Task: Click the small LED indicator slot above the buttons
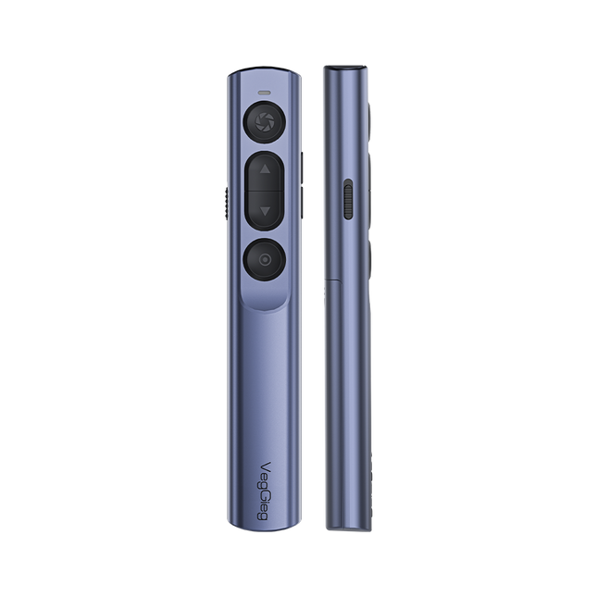coord(265,93)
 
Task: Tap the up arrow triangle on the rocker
coord(266,170)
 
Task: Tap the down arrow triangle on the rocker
coord(266,212)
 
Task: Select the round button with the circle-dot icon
coord(265,260)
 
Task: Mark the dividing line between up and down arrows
coord(266,191)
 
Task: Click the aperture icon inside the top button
coord(265,121)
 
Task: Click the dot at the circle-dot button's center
coord(265,260)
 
